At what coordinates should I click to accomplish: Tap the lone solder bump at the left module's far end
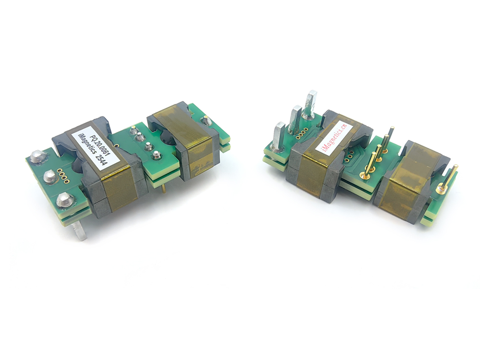(x=206, y=121)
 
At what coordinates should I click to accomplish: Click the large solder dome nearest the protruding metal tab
(x=63, y=199)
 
